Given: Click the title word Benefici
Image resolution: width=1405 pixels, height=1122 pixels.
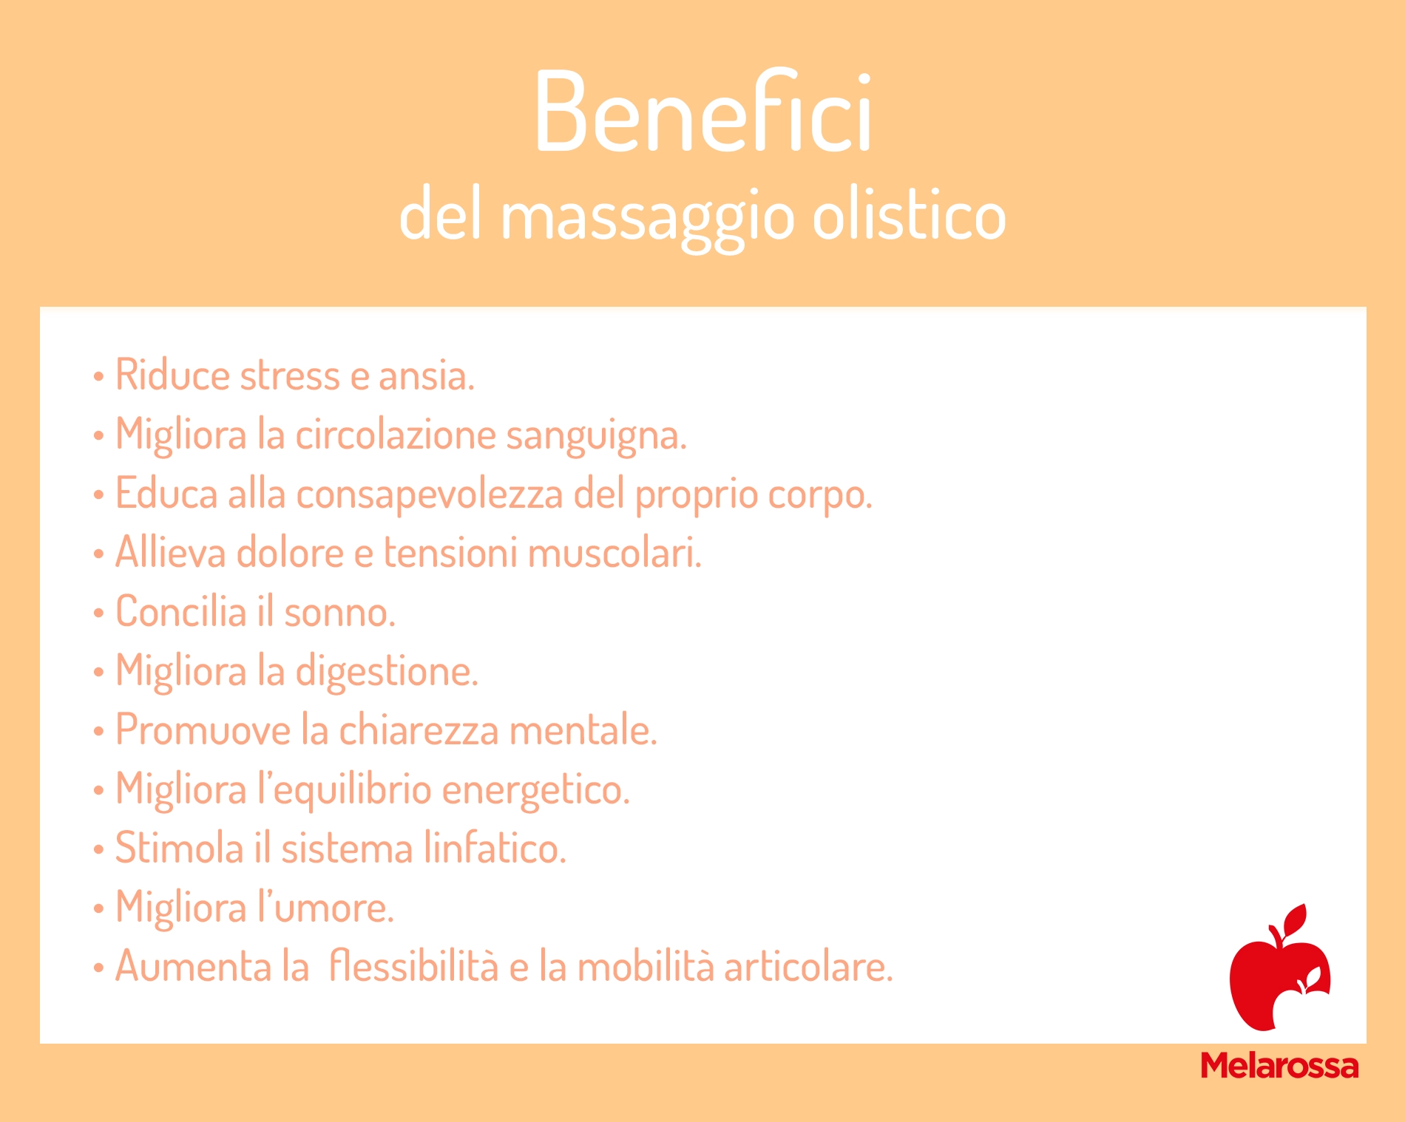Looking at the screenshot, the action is [703, 112].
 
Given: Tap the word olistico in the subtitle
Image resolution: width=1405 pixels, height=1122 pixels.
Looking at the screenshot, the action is [909, 216].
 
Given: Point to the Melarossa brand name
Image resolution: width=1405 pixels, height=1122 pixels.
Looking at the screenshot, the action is [1279, 1065].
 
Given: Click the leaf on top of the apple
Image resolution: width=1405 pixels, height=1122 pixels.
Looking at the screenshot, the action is [1295, 919].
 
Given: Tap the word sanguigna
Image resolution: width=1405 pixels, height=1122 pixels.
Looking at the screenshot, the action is [596, 436].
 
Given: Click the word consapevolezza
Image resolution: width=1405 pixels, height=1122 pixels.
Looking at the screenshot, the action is [430, 495].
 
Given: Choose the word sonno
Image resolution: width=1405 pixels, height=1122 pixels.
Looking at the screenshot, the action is [339, 613].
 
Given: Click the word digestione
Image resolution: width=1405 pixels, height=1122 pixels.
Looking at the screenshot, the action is [387, 673].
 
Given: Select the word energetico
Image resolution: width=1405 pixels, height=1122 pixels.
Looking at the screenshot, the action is [536, 791].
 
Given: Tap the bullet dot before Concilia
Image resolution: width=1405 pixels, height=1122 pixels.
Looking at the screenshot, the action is [99, 613].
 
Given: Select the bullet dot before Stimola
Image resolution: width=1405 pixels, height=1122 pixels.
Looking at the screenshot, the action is [99, 850].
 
